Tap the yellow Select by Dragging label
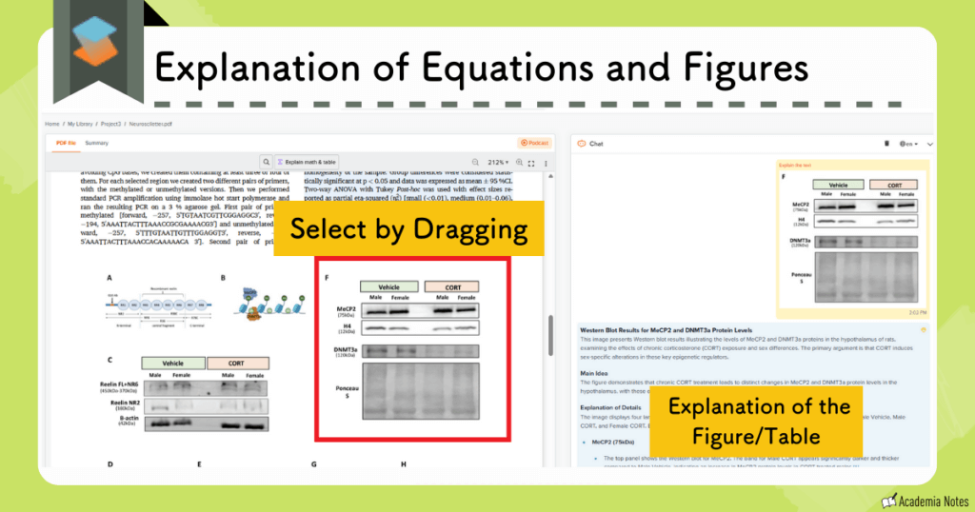click(408, 228)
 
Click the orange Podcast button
click(535, 143)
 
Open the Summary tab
click(96, 143)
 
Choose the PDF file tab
click(66, 143)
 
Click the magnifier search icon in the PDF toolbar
click(267, 163)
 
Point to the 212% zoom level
click(498, 163)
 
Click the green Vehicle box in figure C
click(173, 363)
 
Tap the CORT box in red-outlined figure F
click(451, 286)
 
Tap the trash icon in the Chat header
click(886, 144)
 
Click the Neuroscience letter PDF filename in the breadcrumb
click(165, 124)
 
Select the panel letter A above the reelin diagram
click(109, 278)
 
